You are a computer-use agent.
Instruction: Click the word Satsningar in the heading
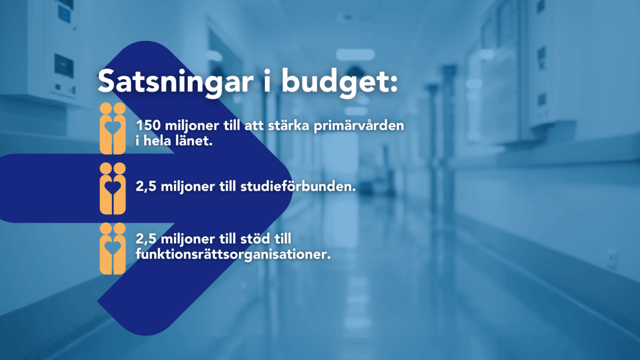(x=175, y=82)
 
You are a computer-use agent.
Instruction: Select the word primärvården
(x=359, y=126)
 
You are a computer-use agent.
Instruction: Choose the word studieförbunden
(x=298, y=186)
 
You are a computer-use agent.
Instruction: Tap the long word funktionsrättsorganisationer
(x=233, y=254)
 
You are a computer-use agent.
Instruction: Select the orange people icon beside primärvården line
(x=113, y=129)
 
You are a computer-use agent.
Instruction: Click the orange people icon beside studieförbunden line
(x=113, y=189)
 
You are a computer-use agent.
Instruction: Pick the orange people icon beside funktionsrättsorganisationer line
(x=113, y=249)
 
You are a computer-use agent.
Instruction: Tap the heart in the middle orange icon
(x=113, y=187)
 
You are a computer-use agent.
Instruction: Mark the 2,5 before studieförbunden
(x=146, y=187)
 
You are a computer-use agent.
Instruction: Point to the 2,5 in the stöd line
(x=146, y=239)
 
